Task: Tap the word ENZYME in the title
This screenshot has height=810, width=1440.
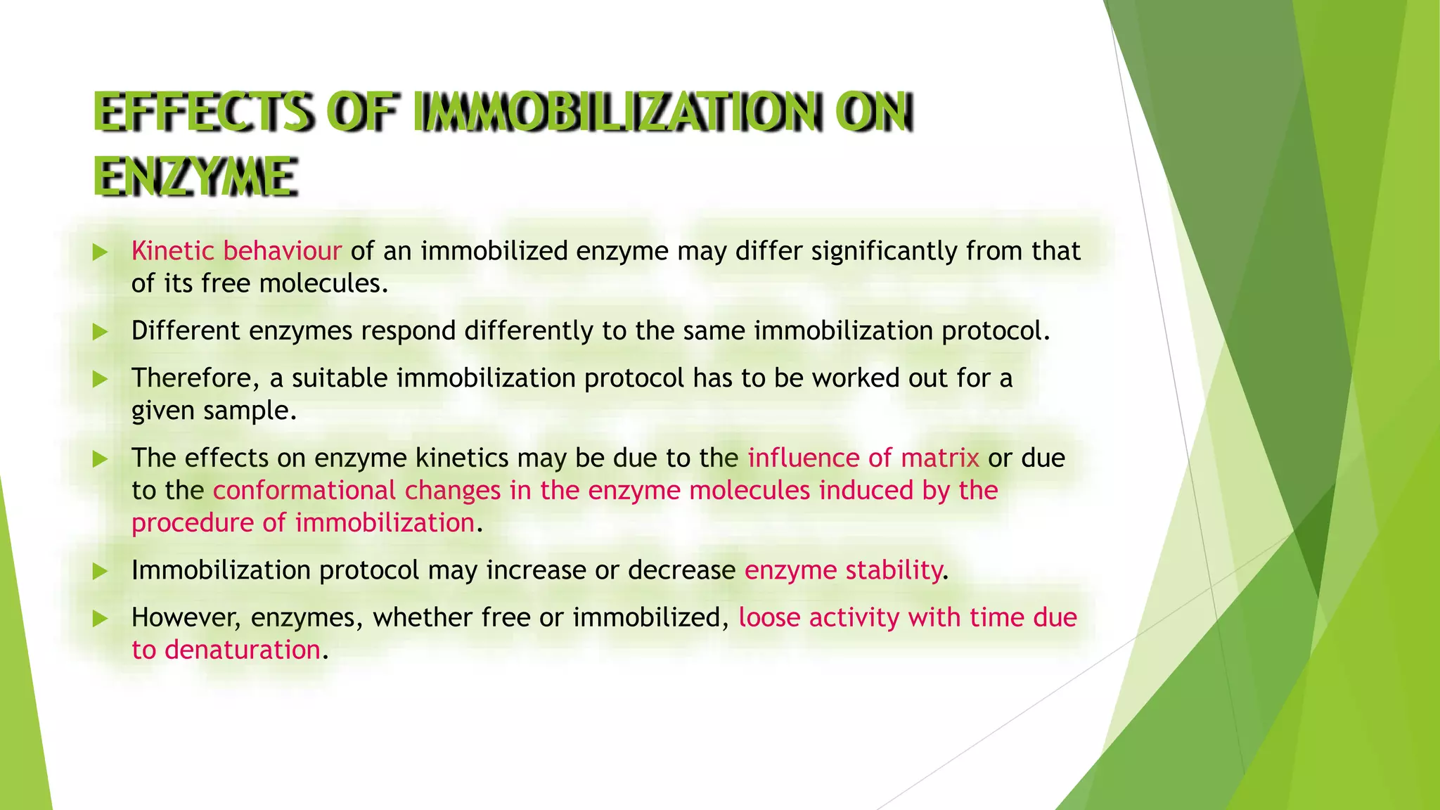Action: click(x=195, y=176)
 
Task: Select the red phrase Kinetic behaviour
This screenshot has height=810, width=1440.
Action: click(x=236, y=251)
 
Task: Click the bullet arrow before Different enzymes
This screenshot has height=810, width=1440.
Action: click(x=100, y=332)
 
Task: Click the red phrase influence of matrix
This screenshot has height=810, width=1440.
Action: click(x=863, y=458)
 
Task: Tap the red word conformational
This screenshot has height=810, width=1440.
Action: click(x=304, y=490)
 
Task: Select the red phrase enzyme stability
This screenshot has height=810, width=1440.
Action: click(x=843, y=570)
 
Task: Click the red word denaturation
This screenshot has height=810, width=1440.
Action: click(x=243, y=650)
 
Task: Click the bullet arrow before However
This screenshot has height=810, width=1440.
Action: click(x=100, y=619)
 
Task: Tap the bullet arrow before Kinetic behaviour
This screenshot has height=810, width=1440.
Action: click(x=100, y=252)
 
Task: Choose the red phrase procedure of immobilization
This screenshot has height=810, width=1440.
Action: click(x=303, y=523)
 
